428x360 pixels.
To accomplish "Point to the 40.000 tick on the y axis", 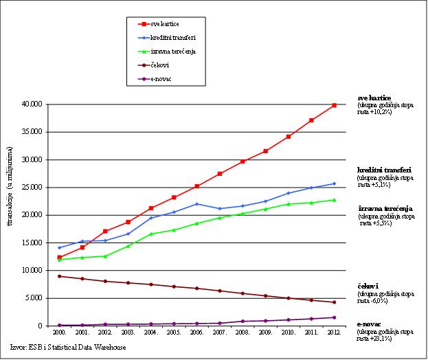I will click(32, 104).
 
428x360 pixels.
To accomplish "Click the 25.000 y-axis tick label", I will click(32, 188).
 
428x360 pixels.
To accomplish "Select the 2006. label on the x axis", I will click(196, 332).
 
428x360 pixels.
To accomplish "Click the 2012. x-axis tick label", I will click(334, 332).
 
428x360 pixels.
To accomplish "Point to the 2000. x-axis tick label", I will click(60, 332).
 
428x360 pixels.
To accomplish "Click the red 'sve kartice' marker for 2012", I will click(334, 105).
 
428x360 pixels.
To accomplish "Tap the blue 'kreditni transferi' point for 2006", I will click(196, 204).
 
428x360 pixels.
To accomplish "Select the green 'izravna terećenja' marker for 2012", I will click(334, 200).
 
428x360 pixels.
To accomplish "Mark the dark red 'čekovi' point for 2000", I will click(60, 276).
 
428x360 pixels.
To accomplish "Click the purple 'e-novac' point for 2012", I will click(334, 317).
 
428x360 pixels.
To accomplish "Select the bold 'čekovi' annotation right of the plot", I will click(369, 286).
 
